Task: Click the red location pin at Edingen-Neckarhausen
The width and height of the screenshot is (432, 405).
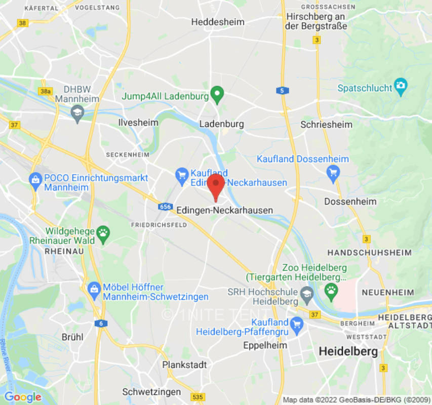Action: click(x=216, y=186)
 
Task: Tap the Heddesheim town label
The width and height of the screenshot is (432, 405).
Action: click(x=218, y=22)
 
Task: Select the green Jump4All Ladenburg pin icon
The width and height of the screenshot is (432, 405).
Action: click(x=217, y=94)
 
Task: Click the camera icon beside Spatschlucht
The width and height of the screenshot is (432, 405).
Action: click(x=401, y=85)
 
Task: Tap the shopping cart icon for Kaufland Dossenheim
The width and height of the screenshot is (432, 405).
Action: click(x=333, y=173)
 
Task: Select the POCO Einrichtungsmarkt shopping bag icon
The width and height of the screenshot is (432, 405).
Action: click(x=35, y=179)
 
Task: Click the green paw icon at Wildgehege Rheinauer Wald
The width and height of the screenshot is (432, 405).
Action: click(x=103, y=232)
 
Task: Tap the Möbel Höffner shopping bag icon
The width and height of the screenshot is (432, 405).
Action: click(x=94, y=288)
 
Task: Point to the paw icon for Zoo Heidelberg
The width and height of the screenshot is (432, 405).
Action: click(x=331, y=290)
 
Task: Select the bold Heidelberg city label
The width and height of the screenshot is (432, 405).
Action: click(x=348, y=351)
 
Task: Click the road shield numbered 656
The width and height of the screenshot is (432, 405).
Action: click(x=165, y=207)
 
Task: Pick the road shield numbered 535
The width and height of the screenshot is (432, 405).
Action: click(x=198, y=396)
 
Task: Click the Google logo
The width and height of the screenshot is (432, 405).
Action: click(x=22, y=397)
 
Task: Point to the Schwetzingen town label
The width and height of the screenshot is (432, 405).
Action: click(x=151, y=392)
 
